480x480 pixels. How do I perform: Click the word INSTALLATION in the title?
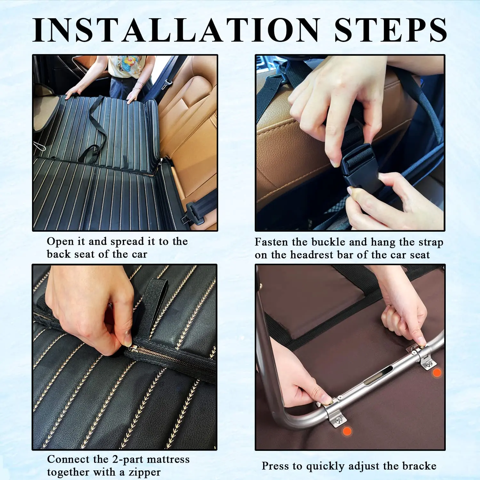coord(176,30)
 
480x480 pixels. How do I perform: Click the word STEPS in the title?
coord(391,30)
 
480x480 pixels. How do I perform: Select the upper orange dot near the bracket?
coord(437,373)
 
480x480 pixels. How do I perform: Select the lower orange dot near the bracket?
coord(347,431)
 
